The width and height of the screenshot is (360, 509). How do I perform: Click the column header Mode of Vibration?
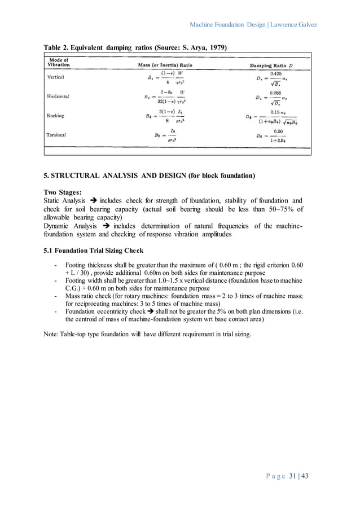(59, 63)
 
